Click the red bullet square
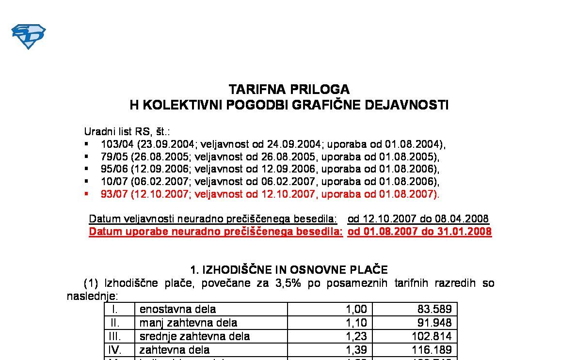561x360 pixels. click(x=86, y=194)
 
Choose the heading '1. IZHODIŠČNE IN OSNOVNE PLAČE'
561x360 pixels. click(x=289, y=270)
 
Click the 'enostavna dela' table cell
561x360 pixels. click(x=177, y=309)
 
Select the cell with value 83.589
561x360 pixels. click(x=434, y=309)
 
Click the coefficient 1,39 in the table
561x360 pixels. click(x=356, y=350)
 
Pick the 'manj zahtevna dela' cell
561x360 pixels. click(x=188, y=323)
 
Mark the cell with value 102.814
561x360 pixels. click(x=431, y=336)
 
